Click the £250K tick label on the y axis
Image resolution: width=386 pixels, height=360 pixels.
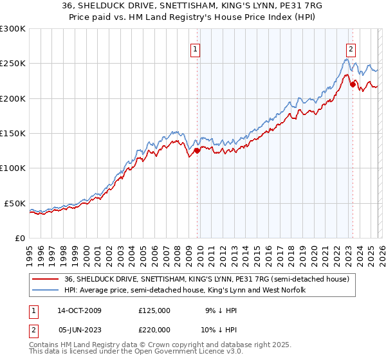[13, 64]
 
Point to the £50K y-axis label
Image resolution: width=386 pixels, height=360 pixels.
[15, 203]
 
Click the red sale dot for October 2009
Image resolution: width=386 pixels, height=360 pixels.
[197, 151]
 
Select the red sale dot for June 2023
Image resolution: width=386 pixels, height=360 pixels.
[353, 84]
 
